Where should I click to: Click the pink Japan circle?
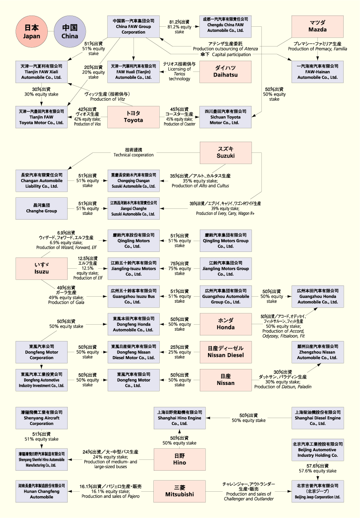pos(31,31)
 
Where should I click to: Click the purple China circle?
pos(70,31)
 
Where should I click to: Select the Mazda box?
pos(317,26)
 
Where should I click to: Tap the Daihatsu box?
pos(226,71)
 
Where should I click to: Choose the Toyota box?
pos(133,116)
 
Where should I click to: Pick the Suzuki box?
pos(226,152)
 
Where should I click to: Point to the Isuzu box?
pos(41,268)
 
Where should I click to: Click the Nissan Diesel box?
pos(226,352)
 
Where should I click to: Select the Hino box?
pos(180,459)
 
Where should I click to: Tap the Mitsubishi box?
pos(180,491)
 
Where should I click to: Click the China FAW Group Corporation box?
pos(133,26)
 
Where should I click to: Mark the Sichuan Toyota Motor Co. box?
pos(226,117)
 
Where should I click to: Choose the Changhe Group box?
pos(41,208)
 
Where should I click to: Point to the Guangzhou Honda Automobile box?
pos(318,296)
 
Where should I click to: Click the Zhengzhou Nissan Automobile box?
pos(318,352)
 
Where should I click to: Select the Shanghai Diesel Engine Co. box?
pos(318,418)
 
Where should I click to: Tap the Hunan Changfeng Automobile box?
pos(41,491)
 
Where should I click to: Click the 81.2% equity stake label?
pos(180,26)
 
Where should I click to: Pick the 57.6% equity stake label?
pos(318,468)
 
